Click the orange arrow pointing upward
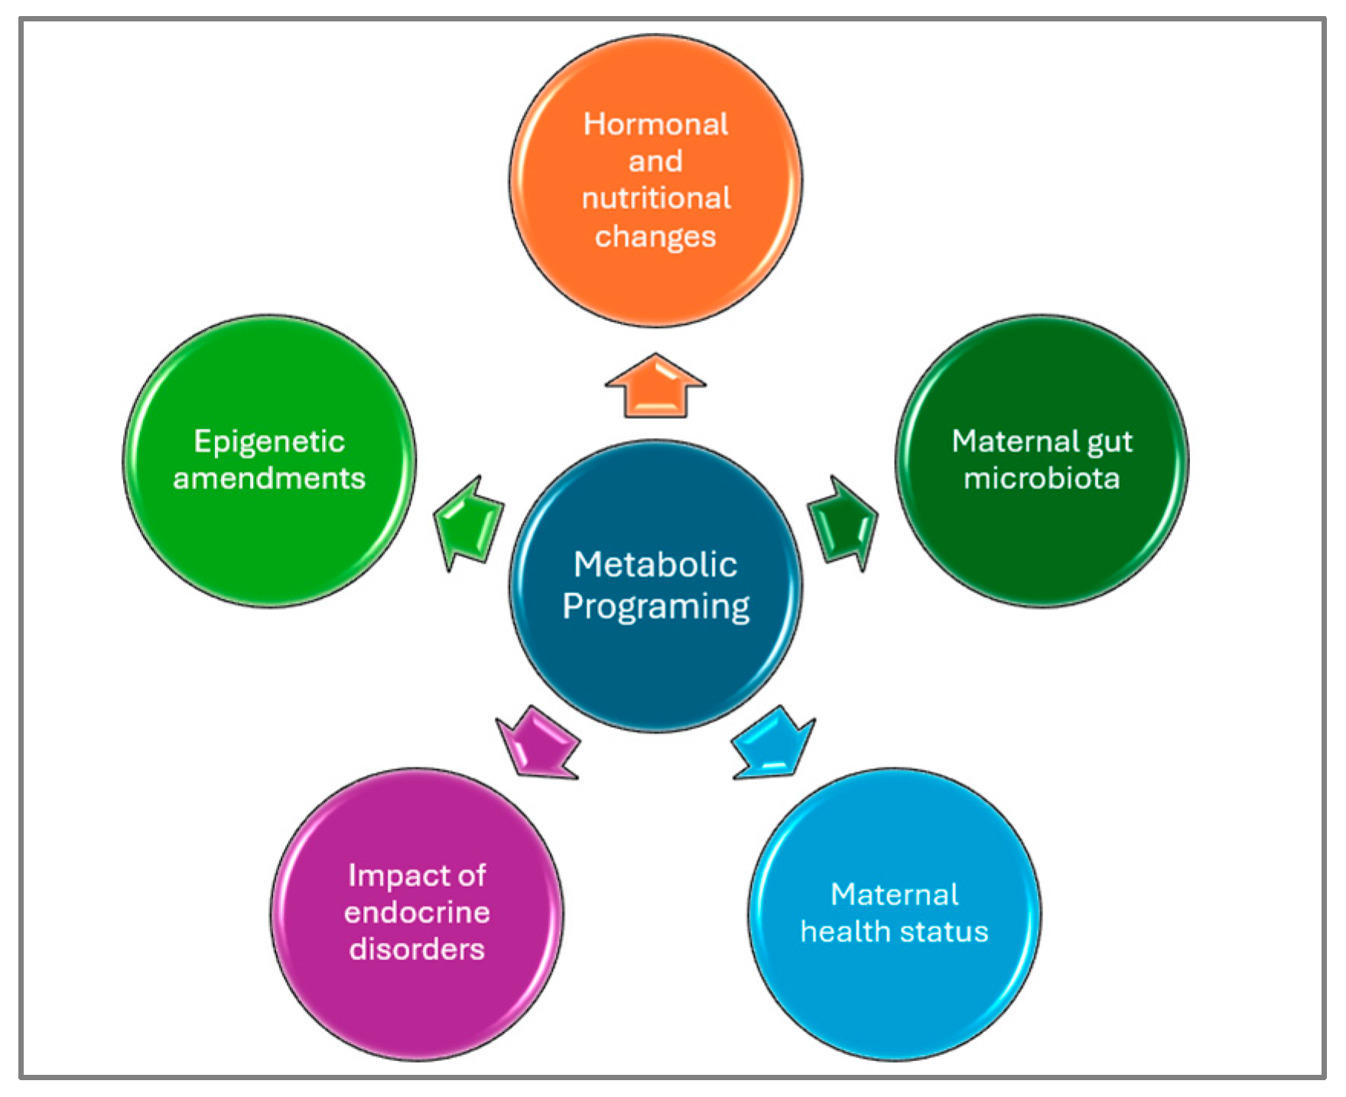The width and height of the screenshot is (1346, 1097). [655, 388]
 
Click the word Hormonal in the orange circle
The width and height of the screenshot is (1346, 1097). [655, 125]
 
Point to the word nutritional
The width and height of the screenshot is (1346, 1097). [656, 199]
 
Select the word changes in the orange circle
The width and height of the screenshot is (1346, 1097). [655, 237]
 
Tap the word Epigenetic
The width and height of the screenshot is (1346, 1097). [269, 443]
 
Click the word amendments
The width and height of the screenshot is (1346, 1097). [269, 479]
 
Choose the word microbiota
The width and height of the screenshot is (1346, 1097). [1042, 479]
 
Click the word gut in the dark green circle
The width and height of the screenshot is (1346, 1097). [1110, 443]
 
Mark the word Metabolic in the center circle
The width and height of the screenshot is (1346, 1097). [655, 565]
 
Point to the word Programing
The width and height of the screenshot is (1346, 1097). [655, 608]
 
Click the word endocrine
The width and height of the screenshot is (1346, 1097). [417, 913]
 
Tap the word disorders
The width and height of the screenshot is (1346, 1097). [417, 949]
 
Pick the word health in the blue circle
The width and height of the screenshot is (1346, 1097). [845, 932]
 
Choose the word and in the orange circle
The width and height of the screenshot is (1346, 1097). [655, 161]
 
